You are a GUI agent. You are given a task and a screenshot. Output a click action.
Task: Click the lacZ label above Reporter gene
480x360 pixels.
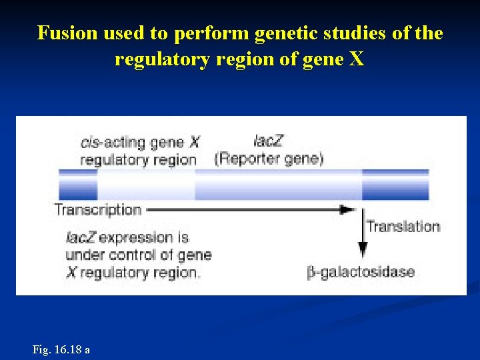[x=268, y=141]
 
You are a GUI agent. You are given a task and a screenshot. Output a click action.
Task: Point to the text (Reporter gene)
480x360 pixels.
[x=269, y=159]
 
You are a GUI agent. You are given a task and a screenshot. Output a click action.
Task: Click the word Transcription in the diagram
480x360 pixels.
[x=98, y=209]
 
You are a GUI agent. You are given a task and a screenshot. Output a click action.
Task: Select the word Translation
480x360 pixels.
[x=403, y=226]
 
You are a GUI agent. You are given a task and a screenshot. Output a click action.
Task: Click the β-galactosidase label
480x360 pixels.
[x=361, y=272]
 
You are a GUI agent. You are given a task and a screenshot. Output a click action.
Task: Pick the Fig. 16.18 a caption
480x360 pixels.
[x=61, y=349]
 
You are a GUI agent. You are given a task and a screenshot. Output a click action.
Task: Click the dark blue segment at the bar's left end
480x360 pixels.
[x=78, y=184]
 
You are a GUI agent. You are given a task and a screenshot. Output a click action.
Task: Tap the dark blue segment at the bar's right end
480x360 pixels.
[x=395, y=184]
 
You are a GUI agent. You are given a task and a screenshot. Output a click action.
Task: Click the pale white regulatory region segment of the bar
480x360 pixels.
[x=145, y=184]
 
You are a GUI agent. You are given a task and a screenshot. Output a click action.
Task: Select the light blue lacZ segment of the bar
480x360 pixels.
[x=277, y=184]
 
